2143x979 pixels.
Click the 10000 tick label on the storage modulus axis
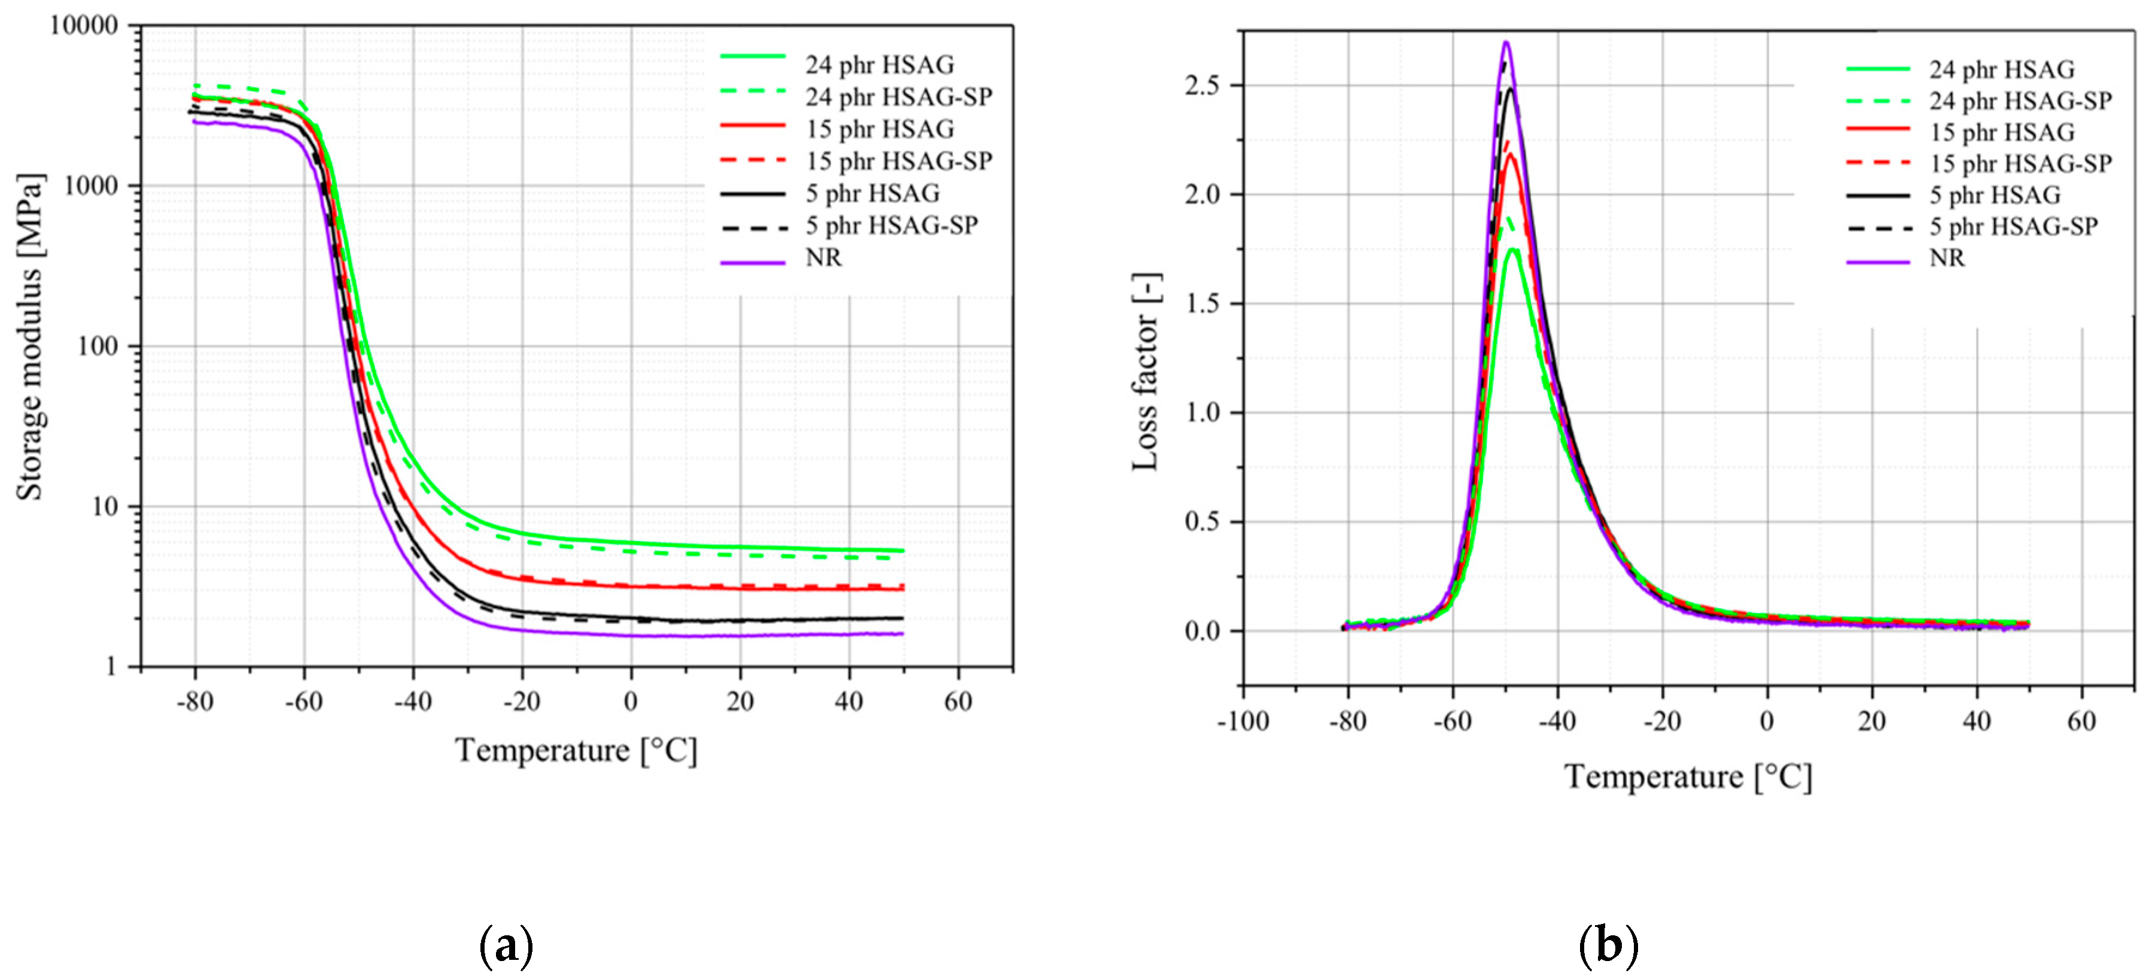point(84,26)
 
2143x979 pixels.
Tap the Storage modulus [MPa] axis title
point(31,337)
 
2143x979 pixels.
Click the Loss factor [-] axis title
point(1146,372)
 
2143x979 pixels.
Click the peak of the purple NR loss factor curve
point(1506,42)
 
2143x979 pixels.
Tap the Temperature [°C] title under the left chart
point(576,750)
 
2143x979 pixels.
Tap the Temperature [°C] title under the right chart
point(1687,777)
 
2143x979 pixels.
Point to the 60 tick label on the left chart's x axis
point(957,701)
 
